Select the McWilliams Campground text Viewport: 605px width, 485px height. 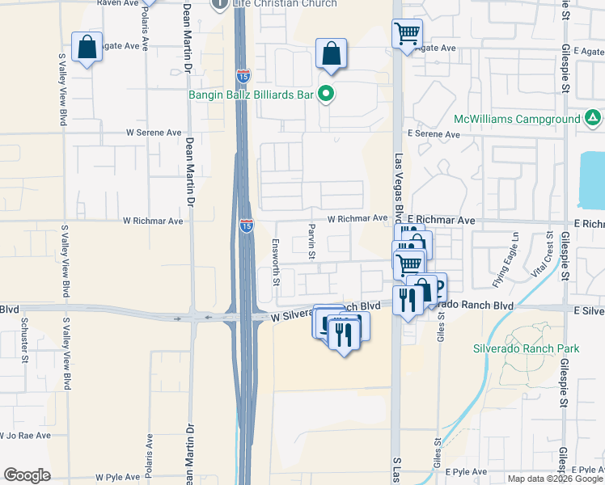point(517,119)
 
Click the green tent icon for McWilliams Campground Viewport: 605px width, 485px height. point(594,119)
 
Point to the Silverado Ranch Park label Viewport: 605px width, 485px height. point(527,349)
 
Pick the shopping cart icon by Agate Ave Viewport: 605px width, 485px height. point(407,34)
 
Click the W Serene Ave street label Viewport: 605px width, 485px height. point(154,133)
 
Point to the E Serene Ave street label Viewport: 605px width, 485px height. point(434,133)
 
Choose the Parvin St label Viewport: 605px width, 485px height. point(311,242)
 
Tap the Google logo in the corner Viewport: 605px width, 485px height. point(27,474)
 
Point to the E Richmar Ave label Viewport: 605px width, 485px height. point(441,220)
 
